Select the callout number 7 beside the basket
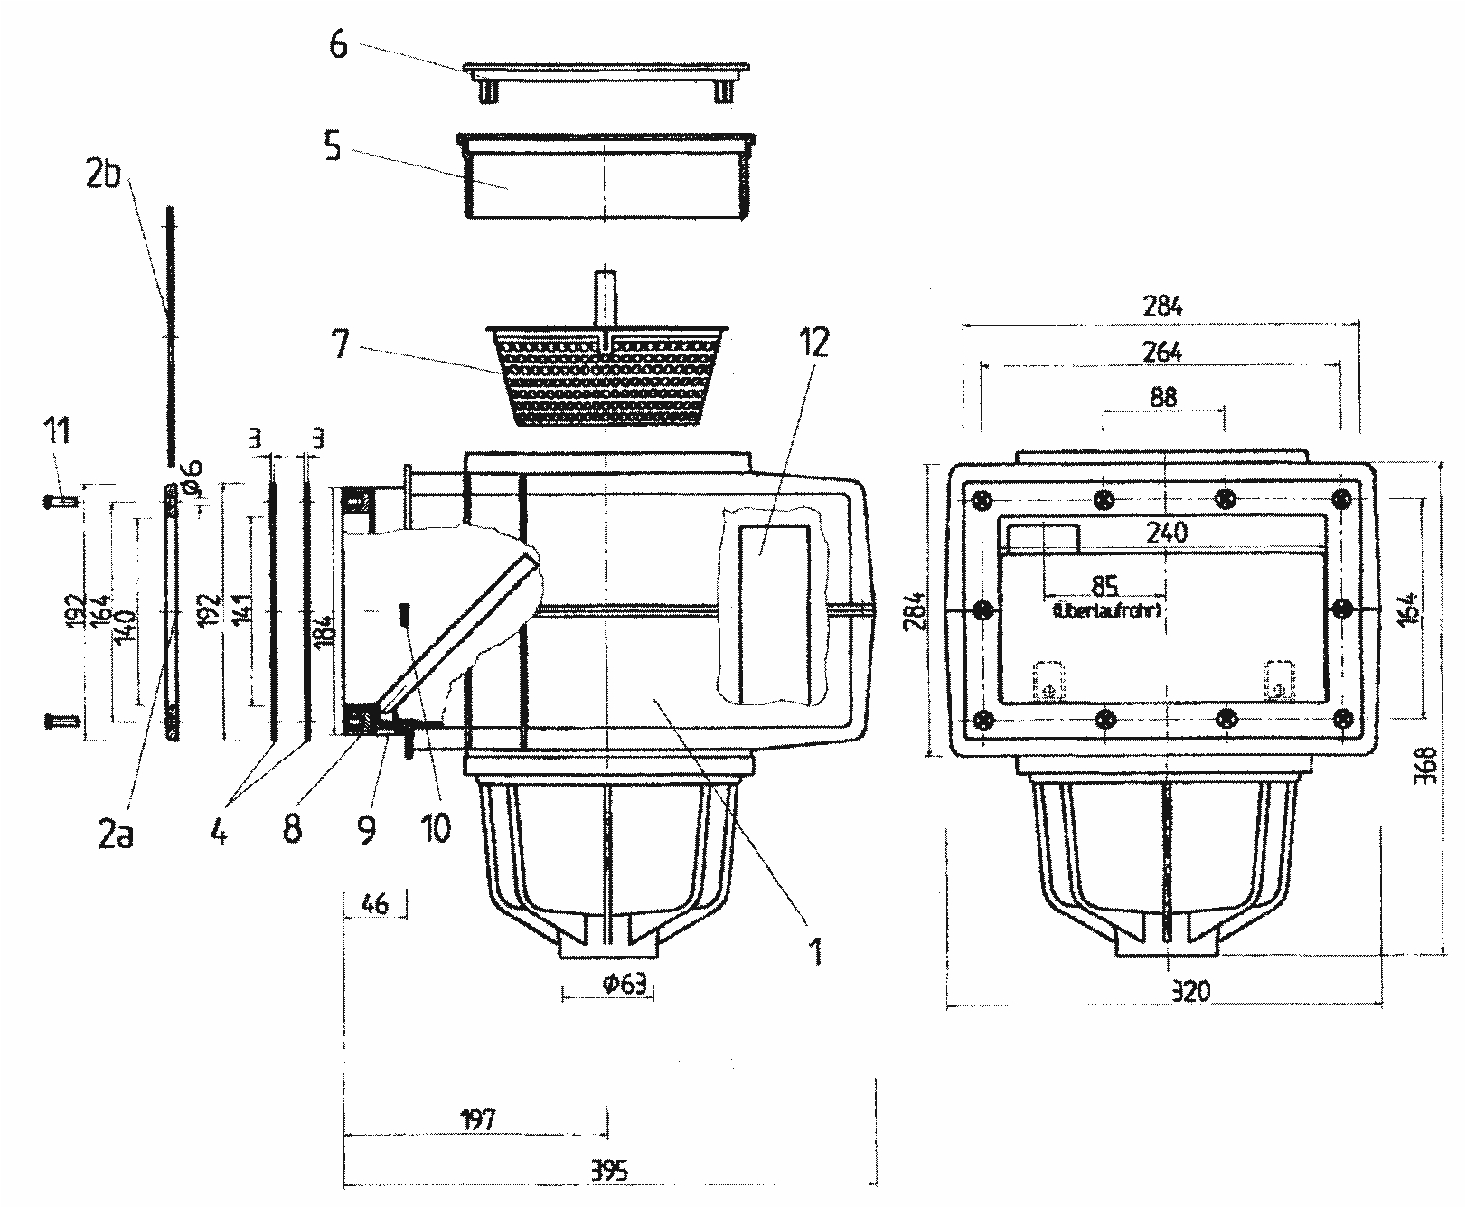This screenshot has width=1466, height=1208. click(x=340, y=344)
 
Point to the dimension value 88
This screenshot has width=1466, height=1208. click(x=1163, y=397)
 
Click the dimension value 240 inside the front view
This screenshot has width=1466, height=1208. click(x=1166, y=533)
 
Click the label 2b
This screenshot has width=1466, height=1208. click(x=103, y=175)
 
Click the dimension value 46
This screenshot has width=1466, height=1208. click(x=373, y=903)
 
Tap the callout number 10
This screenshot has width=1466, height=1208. click(x=436, y=828)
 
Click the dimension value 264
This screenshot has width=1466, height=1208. click(x=1162, y=352)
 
